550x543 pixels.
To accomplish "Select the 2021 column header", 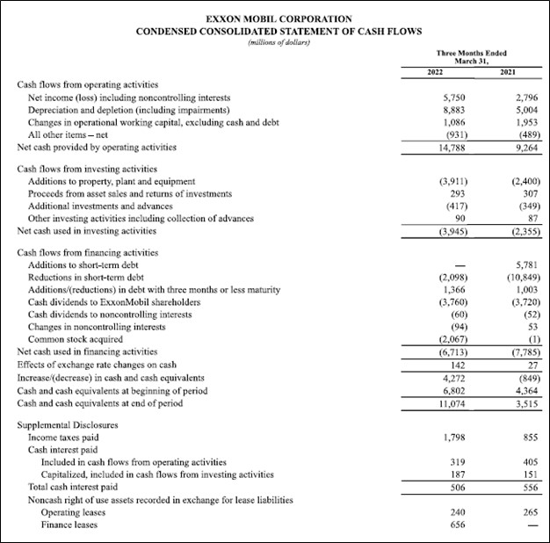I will tap(508, 71).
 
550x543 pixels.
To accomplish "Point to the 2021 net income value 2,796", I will tap(513, 97).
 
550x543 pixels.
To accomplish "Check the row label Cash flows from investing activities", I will tap(88, 168).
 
